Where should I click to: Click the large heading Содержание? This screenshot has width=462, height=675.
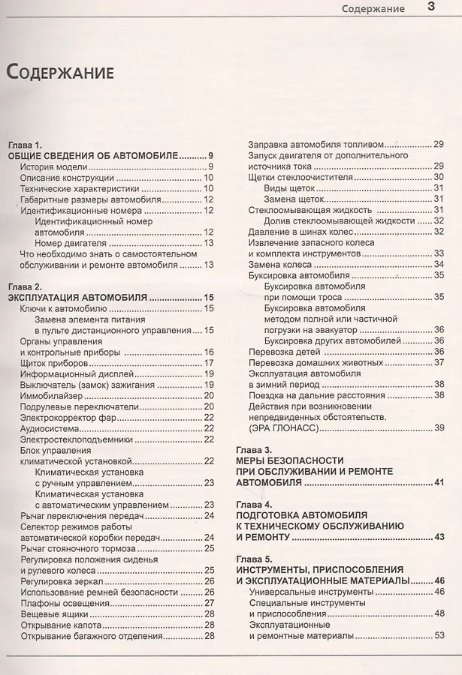click(60, 72)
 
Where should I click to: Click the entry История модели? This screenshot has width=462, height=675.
click(54, 166)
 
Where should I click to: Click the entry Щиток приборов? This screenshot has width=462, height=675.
click(51, 363)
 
